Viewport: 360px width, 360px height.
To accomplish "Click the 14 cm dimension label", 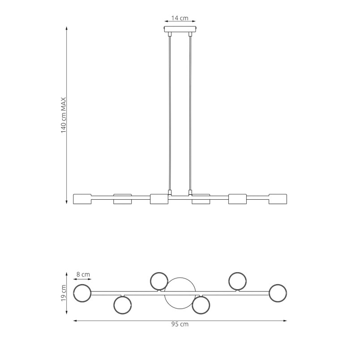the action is point(180,18).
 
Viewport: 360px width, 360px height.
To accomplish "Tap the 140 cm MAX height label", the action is point(64,115).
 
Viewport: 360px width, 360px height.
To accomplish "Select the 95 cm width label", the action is point(180,324).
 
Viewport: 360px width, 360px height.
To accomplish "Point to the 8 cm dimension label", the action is point(83,274).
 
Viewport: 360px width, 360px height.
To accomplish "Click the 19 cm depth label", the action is point(64,293).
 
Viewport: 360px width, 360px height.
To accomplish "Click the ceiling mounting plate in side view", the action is point(180,29).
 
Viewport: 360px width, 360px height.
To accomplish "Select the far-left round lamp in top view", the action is point(82,293).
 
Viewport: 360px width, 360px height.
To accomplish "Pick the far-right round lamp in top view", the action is point(278,293).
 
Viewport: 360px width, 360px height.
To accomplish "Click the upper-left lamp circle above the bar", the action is point(159,281).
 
